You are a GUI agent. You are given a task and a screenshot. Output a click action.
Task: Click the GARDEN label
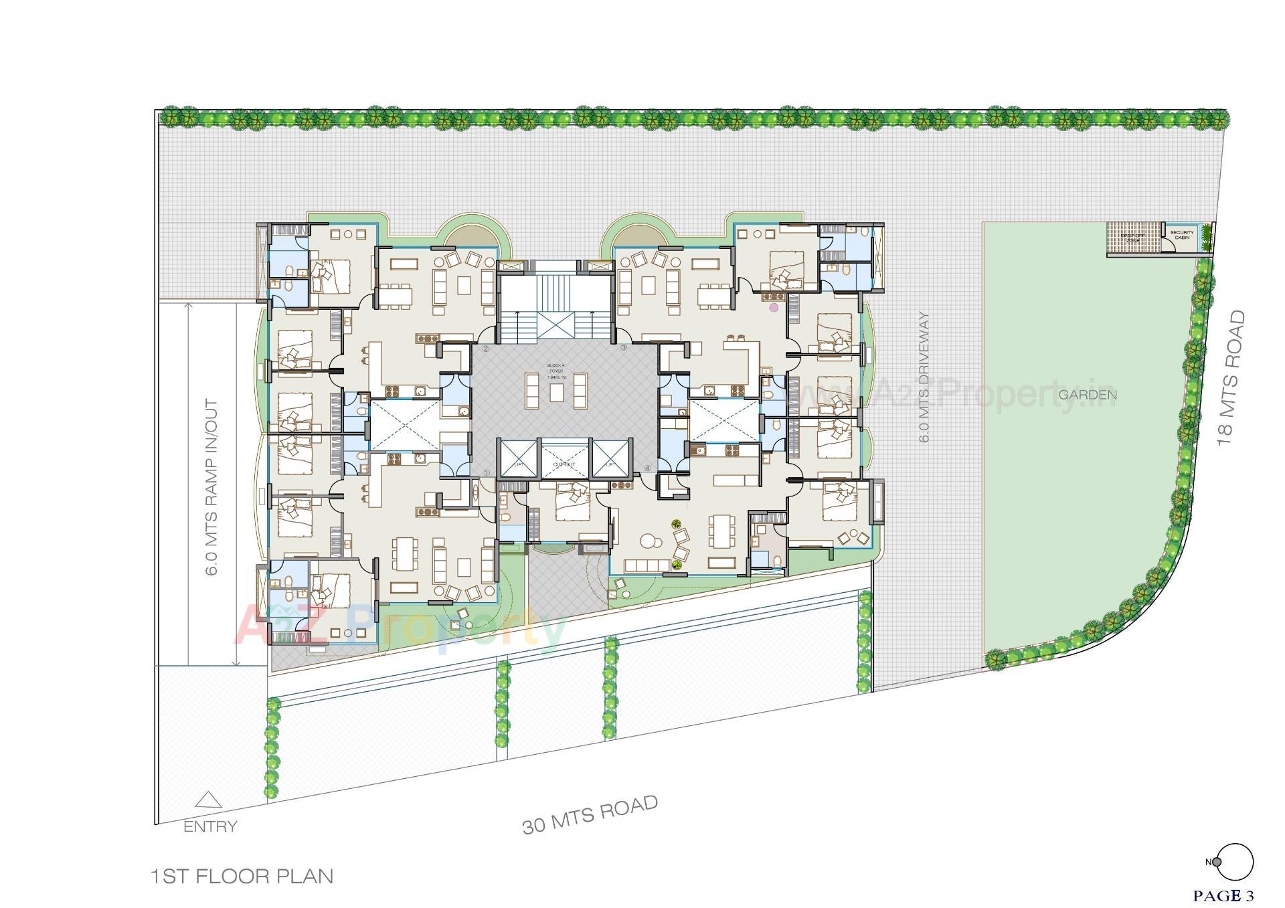(x=1087, y=395)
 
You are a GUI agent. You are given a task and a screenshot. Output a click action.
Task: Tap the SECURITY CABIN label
(x=1181, y=235)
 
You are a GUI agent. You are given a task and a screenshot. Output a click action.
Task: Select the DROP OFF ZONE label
(x=1132, y=237)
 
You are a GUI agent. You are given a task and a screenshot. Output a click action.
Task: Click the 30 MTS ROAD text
(x=590, y=814)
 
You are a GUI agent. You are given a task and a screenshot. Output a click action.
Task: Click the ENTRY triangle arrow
(x=209, y=800)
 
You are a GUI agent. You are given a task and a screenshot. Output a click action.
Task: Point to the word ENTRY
(x=210, y=826)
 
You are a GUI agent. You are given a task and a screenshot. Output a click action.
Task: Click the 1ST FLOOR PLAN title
(x=242, y=876)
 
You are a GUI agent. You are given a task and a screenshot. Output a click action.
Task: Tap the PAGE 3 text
(x=1223, y=895)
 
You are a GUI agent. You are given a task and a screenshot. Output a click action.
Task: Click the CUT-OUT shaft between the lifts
(x=564, y=459)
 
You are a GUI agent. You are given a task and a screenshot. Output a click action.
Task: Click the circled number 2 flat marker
(x=486, y=349)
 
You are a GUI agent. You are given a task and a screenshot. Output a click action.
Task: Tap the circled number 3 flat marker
(x=624, y=348)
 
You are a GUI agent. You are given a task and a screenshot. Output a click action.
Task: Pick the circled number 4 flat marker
(x=647, y=468)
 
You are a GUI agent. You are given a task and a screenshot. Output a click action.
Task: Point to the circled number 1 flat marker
(x=486, y=472)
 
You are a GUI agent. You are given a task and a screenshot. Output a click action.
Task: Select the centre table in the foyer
(x=557, y=391)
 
